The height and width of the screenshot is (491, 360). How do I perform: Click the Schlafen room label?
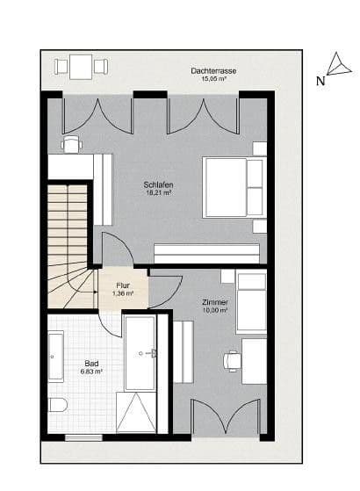pyautogui.click(x=158, y=184)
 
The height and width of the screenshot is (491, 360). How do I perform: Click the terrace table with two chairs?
pyautogui.click(x=81, y=65)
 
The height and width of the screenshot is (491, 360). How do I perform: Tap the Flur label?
pyautogui.click(x=124, y=285)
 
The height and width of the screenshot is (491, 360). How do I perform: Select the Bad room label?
pyautogui.click(x=91, y=363)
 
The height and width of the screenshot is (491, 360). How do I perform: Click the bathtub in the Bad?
pyautogui.click(x=56, y=357)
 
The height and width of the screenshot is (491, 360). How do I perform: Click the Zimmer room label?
pyautogui.click(x=214, y=302)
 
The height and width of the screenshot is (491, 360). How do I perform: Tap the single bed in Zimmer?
pyautogui.click(x=251, y=302)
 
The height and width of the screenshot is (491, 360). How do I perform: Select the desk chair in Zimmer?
pyautogui.click(x=232, y=358)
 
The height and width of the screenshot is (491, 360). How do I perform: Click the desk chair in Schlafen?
pyautogui.click(x=71, y=144)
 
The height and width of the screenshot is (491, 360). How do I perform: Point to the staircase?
pyautogui.click(x=68, y=242)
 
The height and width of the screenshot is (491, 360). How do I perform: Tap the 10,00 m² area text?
pyautogui.click(x=215, y=310)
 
